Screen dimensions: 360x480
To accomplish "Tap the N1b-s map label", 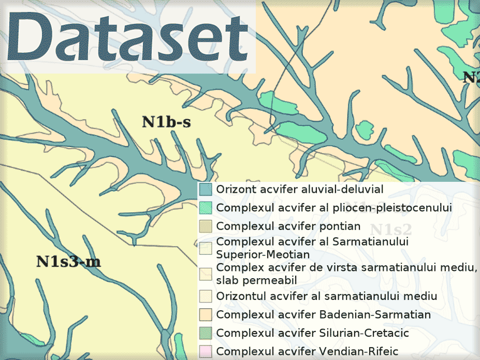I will coord(166,122).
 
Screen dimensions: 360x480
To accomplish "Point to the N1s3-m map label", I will coord(68,262).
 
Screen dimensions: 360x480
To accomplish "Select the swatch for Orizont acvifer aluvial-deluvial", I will coord(206,189).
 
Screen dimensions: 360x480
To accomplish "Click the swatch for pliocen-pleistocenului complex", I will coord(206,208).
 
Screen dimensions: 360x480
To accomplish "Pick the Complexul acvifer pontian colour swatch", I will coord(206,226).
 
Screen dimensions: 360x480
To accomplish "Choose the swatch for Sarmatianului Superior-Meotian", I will coord(206,248).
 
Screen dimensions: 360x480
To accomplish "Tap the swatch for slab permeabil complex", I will coord(206,274).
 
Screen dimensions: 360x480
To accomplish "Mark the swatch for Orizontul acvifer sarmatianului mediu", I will coord(206,296).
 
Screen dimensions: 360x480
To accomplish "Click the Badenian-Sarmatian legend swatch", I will coord(206,314).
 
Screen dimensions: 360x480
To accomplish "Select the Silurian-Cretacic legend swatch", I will coord(206,333).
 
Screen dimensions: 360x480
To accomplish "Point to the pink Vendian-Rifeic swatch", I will coord(206,351).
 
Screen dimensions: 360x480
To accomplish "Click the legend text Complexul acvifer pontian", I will coord(288,226).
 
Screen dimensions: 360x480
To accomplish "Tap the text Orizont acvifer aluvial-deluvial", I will coord(300,189).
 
